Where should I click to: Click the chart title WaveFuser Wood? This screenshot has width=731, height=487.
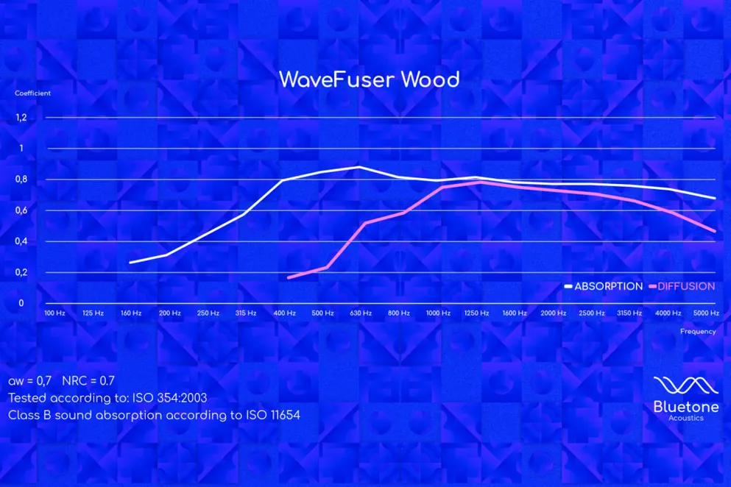pyautogui.click(x=370, y=79)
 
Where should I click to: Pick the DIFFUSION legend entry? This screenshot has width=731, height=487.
pyautogui.click(x=682, y=286)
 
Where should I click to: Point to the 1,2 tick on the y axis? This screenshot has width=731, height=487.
pyautogui.click(x=21, y=118)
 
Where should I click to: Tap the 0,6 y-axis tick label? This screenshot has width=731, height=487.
pyautogui.click(x=21, y=210)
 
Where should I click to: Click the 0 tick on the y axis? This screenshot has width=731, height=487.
pyautogui.click(x=21, y=303)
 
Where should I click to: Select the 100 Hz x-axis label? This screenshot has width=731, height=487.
pyautogui.click(x=54, y=313)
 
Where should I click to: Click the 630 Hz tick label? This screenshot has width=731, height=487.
pyautogui.click(x=361, y=313)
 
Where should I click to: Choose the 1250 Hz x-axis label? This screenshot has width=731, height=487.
pyautogui.click(x=476, y=313)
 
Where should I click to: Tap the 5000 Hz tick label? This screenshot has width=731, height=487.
pyautogui.click(x=706, y=313)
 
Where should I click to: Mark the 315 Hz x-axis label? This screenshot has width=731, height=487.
pyautogui.click(x=246, y=313)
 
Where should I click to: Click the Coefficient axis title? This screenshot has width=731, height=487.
pyautogui.click(x=32, y=93)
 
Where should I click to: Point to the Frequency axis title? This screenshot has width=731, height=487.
pyautogui.click(x=698, y=331)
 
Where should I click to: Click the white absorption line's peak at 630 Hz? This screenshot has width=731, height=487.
pyautogui.click(x=359, y=167)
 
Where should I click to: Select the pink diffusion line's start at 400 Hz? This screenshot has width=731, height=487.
pyautogui.click(x=289, y=278)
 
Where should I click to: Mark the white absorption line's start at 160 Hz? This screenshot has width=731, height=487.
pyautogui.click(x=130, y=263)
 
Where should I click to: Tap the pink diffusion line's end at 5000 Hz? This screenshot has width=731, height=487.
pyautogui.click(x=714, y=231)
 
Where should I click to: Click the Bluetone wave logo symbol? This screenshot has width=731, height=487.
pyautogui.click(x=686, y=386)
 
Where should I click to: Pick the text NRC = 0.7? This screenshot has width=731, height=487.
pyautogui.click(x=88, y=381)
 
